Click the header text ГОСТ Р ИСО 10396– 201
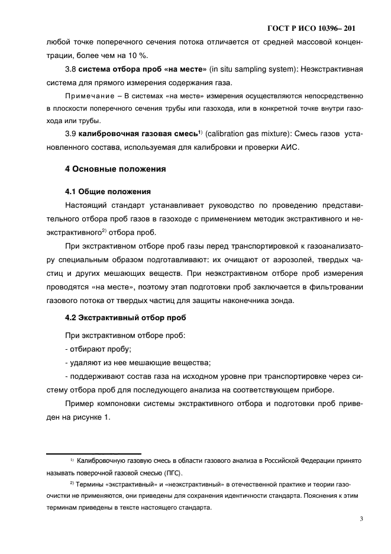click(x=311, y=28)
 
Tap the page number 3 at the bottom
click(x=360, y=520)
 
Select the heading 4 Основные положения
click(x=115, y=169)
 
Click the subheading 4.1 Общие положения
click(x=107, y=192)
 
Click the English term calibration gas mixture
click(x=261, y=134)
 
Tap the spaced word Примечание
click(x=87, y=95)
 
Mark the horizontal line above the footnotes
click(x=94, y=453)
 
